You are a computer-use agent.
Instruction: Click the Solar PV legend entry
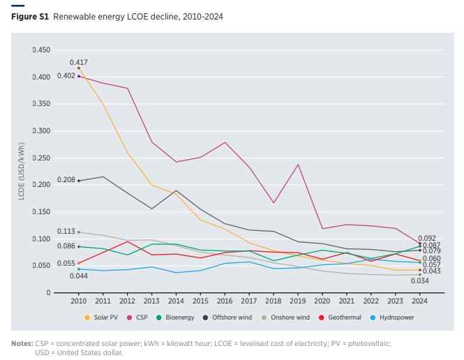pos(103,317)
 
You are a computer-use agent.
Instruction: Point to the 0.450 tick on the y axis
pos(41,50)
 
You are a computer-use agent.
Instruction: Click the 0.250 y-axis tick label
pos(41,158)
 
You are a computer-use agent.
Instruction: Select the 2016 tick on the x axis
pos(225,301)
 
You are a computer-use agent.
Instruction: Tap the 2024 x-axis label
pos(420,301)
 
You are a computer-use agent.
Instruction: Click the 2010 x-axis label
pos(78,301)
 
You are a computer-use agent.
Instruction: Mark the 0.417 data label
pos(78,63)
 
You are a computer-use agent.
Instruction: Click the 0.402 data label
pos(66,76)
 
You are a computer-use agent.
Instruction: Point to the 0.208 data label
pos(66,180)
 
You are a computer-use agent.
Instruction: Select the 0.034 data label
pos(419,280)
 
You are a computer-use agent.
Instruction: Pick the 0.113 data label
pos(66,231)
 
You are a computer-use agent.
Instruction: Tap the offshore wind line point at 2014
pos(176,190)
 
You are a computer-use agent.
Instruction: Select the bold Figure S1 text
pos(30,16)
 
